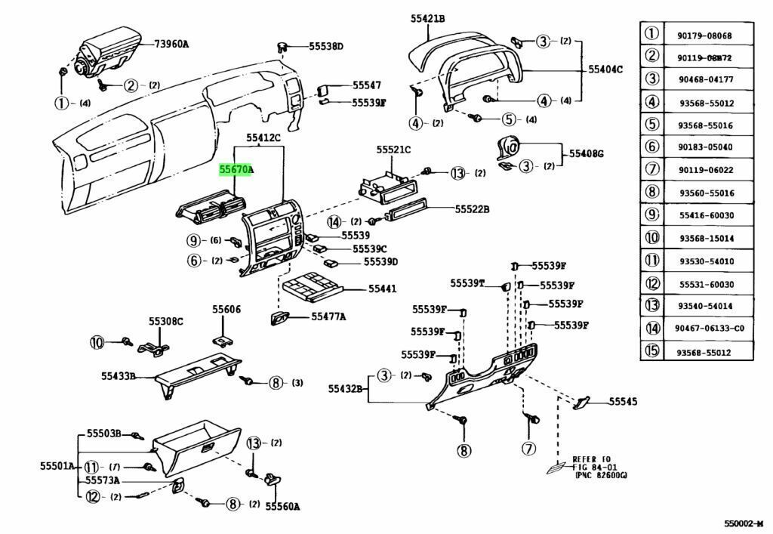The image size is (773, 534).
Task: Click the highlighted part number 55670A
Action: pos(236,171)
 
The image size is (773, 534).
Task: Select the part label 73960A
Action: pos(171,45)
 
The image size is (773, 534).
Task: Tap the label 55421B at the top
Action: pos(428,18)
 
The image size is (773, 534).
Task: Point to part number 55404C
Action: pos(605,69)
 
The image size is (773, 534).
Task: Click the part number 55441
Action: pos(383,289)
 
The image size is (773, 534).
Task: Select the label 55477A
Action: pos(328,316)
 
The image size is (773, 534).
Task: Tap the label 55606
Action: pos(226,310)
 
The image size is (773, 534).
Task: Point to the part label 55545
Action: pos(623,402)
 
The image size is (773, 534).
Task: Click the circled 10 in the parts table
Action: pos(651,239)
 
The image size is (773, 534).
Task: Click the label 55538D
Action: pos(325,46)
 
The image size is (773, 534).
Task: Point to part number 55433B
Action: pos(119,375)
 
